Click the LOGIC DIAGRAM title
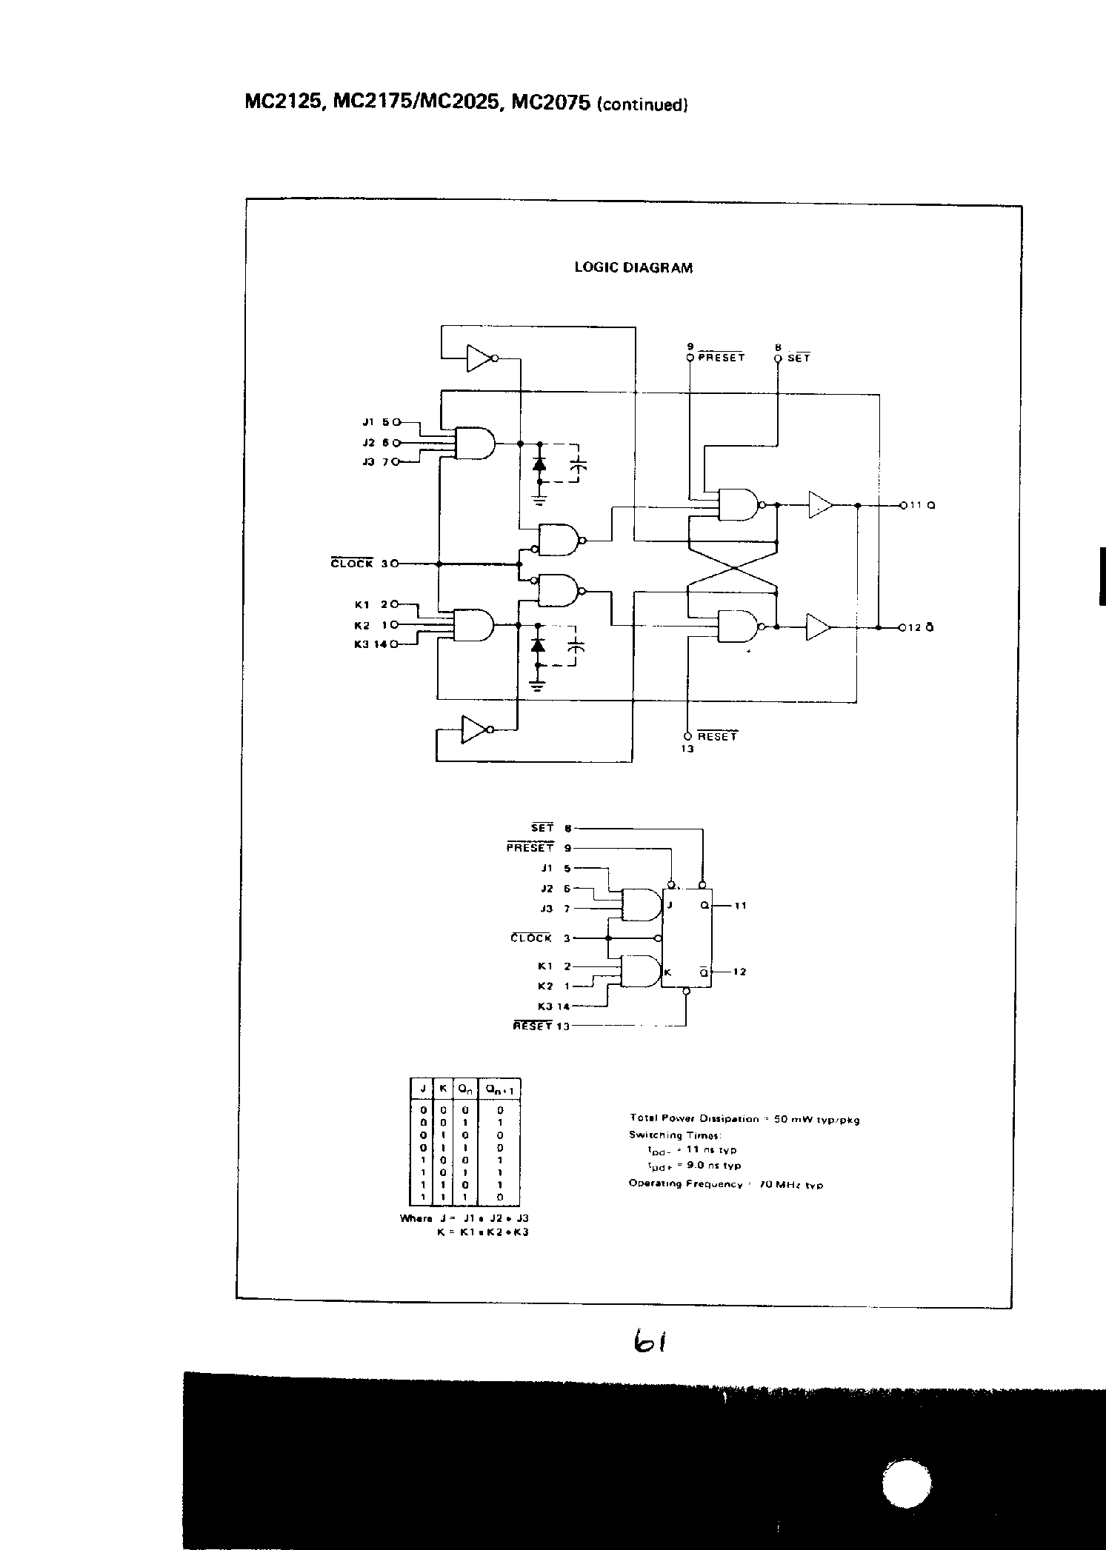click(633, 268)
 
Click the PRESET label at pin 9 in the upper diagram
click(721, 357)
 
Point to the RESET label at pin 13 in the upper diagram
click(717, 736)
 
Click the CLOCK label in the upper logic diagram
click(351, 564)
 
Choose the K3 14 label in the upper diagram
click(370, 644)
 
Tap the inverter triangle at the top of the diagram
click(480, 359)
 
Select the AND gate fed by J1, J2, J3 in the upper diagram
click(475, 443)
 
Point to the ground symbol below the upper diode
click(539, 501)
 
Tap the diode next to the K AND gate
click(539, 646)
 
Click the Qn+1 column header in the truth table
click(500, 1089)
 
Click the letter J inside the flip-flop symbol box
click(670, 905)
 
